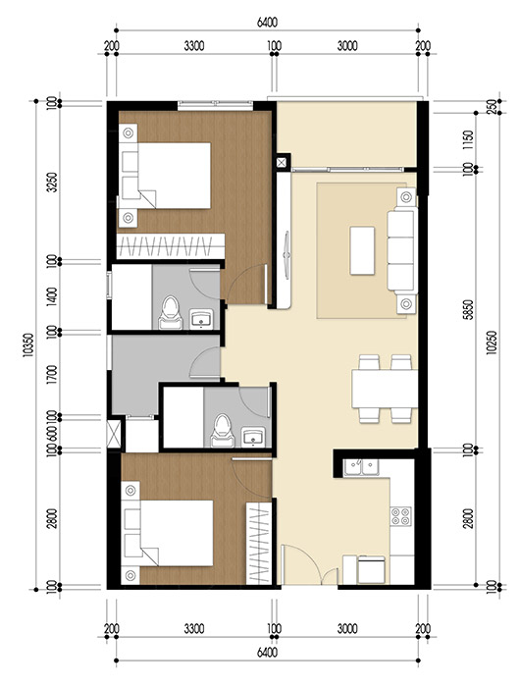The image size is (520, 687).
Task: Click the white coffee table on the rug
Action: tap(362, 251)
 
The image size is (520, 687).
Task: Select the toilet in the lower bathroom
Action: tap(222, 426)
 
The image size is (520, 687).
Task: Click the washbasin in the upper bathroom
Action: tap(204, 318)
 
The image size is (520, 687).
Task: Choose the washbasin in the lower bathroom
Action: tap(253, 436)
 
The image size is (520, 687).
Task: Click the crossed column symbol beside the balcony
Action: tap(283, 162)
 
